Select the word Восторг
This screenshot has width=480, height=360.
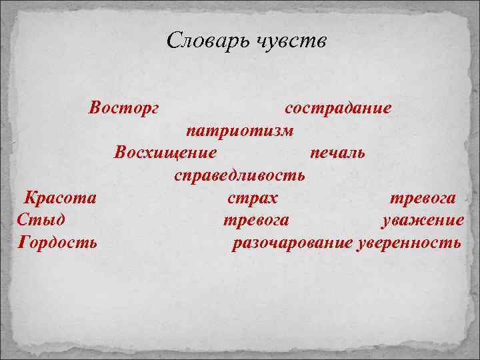click(x=124, y=107)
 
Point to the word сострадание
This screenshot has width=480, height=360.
click(x=338, y=107)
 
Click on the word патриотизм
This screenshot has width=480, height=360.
click(x=239, y=130)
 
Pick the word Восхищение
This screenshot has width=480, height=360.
click(x=165, y=153)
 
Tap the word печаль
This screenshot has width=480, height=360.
click(x=337, y=153)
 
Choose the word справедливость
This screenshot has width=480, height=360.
click(x=239, y=175)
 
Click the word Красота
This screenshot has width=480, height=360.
click(x=60, y=198)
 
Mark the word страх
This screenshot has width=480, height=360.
click(x=253, y=198)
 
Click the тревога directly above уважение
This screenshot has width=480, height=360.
click(x=423, y=198)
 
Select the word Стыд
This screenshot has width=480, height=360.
click(x=42, y=221)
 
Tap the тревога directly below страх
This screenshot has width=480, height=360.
click(x=255, y=221)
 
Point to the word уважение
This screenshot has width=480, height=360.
click(x=422, y=221)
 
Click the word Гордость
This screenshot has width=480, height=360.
click(x=59, y=242)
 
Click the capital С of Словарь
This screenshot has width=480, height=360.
click(x=173, y=41)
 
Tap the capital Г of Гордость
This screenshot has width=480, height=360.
click(x=25, y=241)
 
